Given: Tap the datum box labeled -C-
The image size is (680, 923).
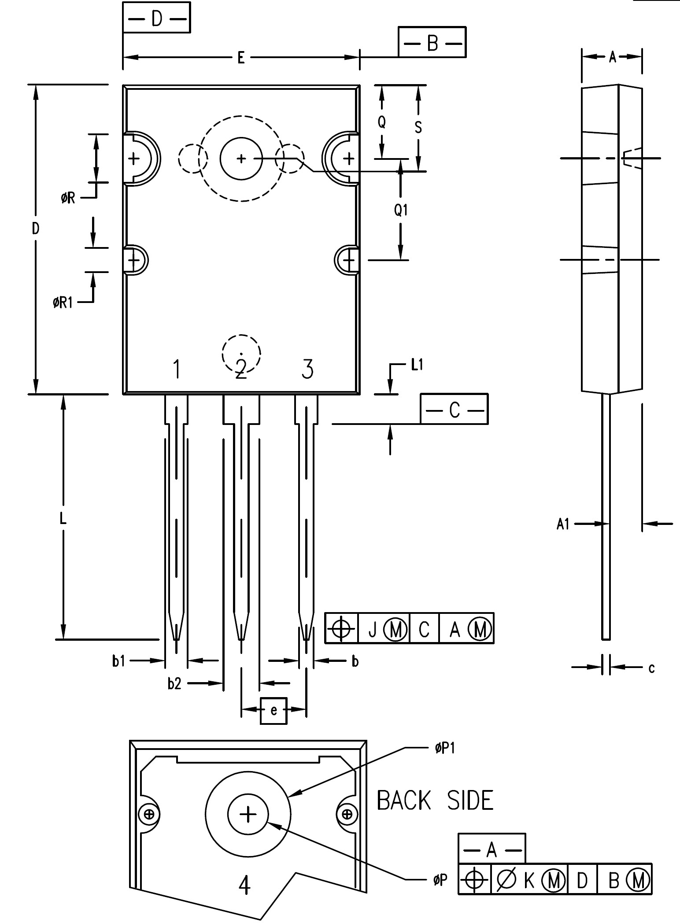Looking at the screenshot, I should [454, 410].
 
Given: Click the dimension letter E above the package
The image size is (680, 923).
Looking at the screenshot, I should [241, 58].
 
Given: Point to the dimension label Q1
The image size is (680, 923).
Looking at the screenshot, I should [401, 210].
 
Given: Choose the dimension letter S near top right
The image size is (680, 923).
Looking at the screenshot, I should [418, 127].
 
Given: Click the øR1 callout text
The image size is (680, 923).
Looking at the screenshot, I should [63, 303].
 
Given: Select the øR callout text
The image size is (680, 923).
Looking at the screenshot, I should [68, 198].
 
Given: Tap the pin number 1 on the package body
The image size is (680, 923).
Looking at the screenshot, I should [177, 369].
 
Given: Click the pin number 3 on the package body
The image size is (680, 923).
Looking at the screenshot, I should [307, 369].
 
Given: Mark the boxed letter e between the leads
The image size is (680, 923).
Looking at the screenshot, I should [273, 710].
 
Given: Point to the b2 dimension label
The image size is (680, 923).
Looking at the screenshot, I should [174, 683].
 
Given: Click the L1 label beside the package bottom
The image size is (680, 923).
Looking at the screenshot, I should [417, 365].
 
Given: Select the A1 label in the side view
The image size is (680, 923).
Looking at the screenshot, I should [563, 524].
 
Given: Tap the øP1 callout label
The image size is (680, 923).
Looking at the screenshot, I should [445, 749].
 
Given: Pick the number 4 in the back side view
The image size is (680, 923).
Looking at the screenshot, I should [244, 885].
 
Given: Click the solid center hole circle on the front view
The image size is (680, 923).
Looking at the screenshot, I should [241, 159].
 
